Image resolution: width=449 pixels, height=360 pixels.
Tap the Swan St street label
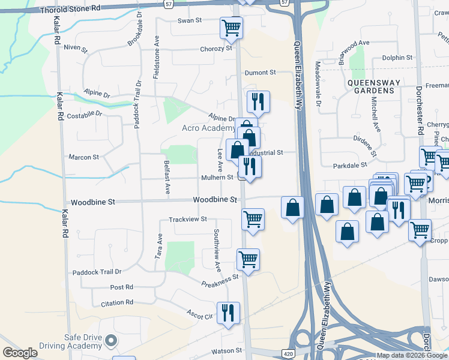tap(188, 20)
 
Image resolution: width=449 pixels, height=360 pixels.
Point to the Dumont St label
tap(259, 72)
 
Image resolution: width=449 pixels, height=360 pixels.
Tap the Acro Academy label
tap(208, 128)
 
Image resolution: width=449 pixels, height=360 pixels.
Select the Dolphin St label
tap(398, 58)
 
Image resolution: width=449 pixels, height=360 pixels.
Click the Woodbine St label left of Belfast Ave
tap(92, 203)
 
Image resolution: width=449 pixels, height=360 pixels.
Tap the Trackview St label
tap(187, 220)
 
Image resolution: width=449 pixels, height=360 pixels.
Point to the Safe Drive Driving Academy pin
tap(110, 341)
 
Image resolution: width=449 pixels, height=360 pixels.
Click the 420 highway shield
tap(288, 354)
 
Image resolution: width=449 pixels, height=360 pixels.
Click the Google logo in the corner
tap(20, 353)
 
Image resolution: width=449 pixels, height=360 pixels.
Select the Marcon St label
tap(83, 157)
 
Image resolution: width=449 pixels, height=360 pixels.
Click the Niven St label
tap(76, 47)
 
